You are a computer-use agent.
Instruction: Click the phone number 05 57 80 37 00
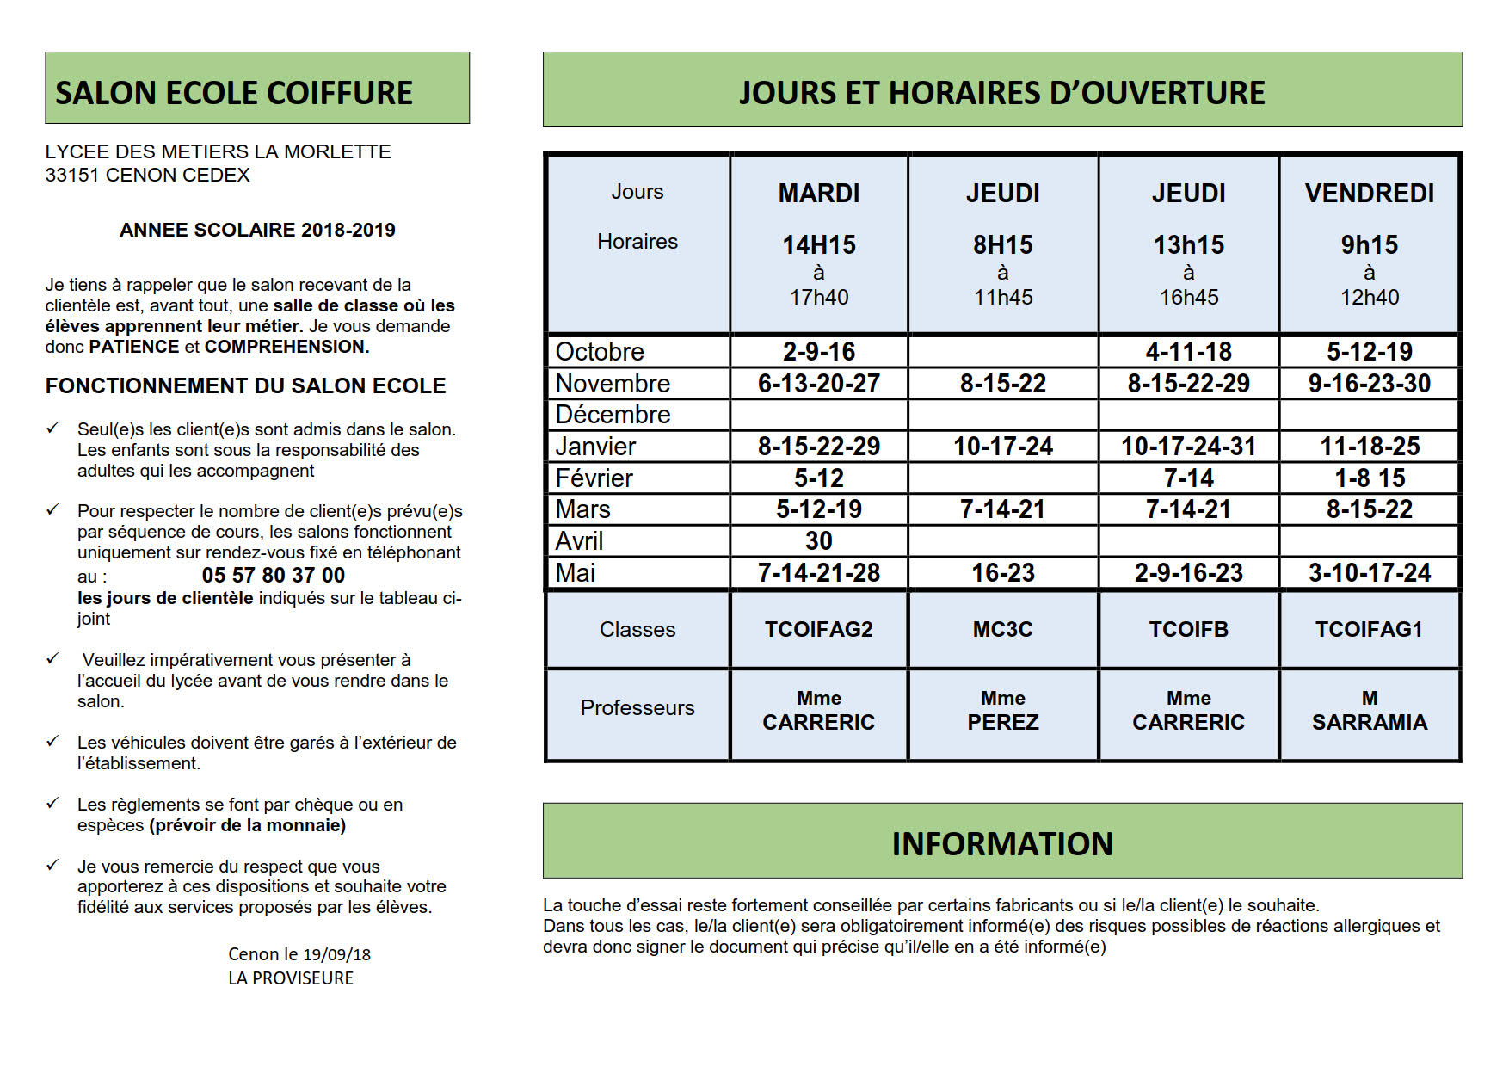tap(273, 575)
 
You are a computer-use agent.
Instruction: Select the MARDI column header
tap(818, 194)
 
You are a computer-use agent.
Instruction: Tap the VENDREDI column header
tap(1369, 194)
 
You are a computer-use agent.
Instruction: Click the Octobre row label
tap(600, 352)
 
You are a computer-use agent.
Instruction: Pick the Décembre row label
tap(613, 415)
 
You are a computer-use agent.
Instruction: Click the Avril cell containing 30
tap(818, 541)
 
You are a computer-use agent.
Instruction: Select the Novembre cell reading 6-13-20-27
tap(818, 384)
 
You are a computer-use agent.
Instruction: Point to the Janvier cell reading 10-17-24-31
tap(1188, 447)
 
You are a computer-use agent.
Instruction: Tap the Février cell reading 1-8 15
tap(1369, 478)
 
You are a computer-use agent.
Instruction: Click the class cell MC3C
tap(1002, 630)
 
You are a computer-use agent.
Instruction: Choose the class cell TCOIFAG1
tap(1369, 630)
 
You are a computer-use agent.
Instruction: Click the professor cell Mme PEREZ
tap(1002, 711)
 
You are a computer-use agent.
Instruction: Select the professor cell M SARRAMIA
tap(1369, 711)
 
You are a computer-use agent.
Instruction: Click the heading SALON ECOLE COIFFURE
tap(234, 93)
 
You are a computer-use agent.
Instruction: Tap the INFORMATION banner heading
tap(1002, 844)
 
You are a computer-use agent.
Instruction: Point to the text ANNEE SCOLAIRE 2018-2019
tap(257, 231)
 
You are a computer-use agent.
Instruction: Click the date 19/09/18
tap(336, 954)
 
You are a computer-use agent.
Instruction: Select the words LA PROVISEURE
tap(291, 978)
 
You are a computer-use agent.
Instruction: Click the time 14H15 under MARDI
tap(818, 245)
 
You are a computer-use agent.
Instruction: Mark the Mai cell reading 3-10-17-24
tap(1369, 573)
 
